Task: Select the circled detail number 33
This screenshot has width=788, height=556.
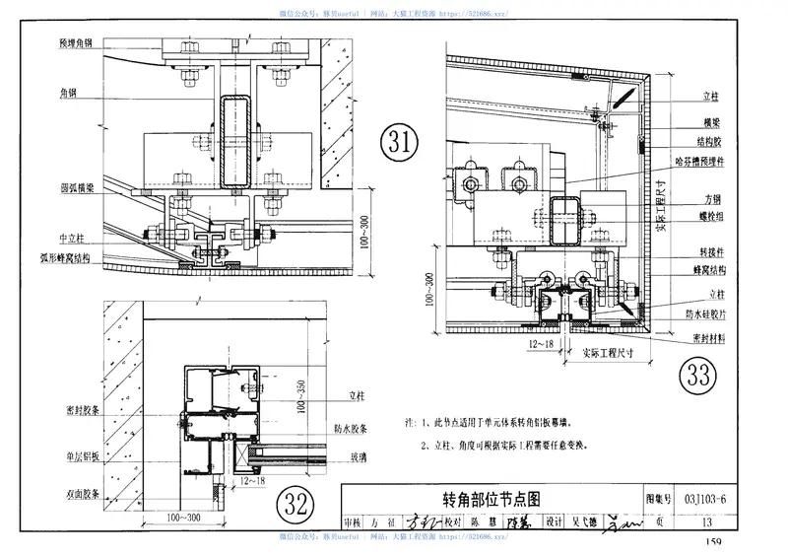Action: (698, 376)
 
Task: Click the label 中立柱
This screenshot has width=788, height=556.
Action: (76, 238)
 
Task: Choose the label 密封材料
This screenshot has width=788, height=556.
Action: (708, 337)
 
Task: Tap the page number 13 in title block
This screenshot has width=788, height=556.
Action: (706, 521)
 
